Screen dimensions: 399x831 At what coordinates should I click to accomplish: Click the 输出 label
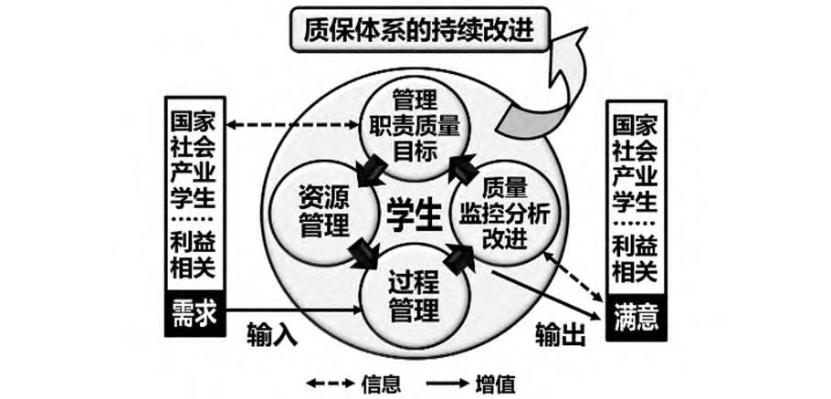pyautogui.click(x=558, y=337)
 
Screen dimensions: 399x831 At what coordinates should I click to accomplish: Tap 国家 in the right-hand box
pyautogui.click(x=635, y=123)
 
